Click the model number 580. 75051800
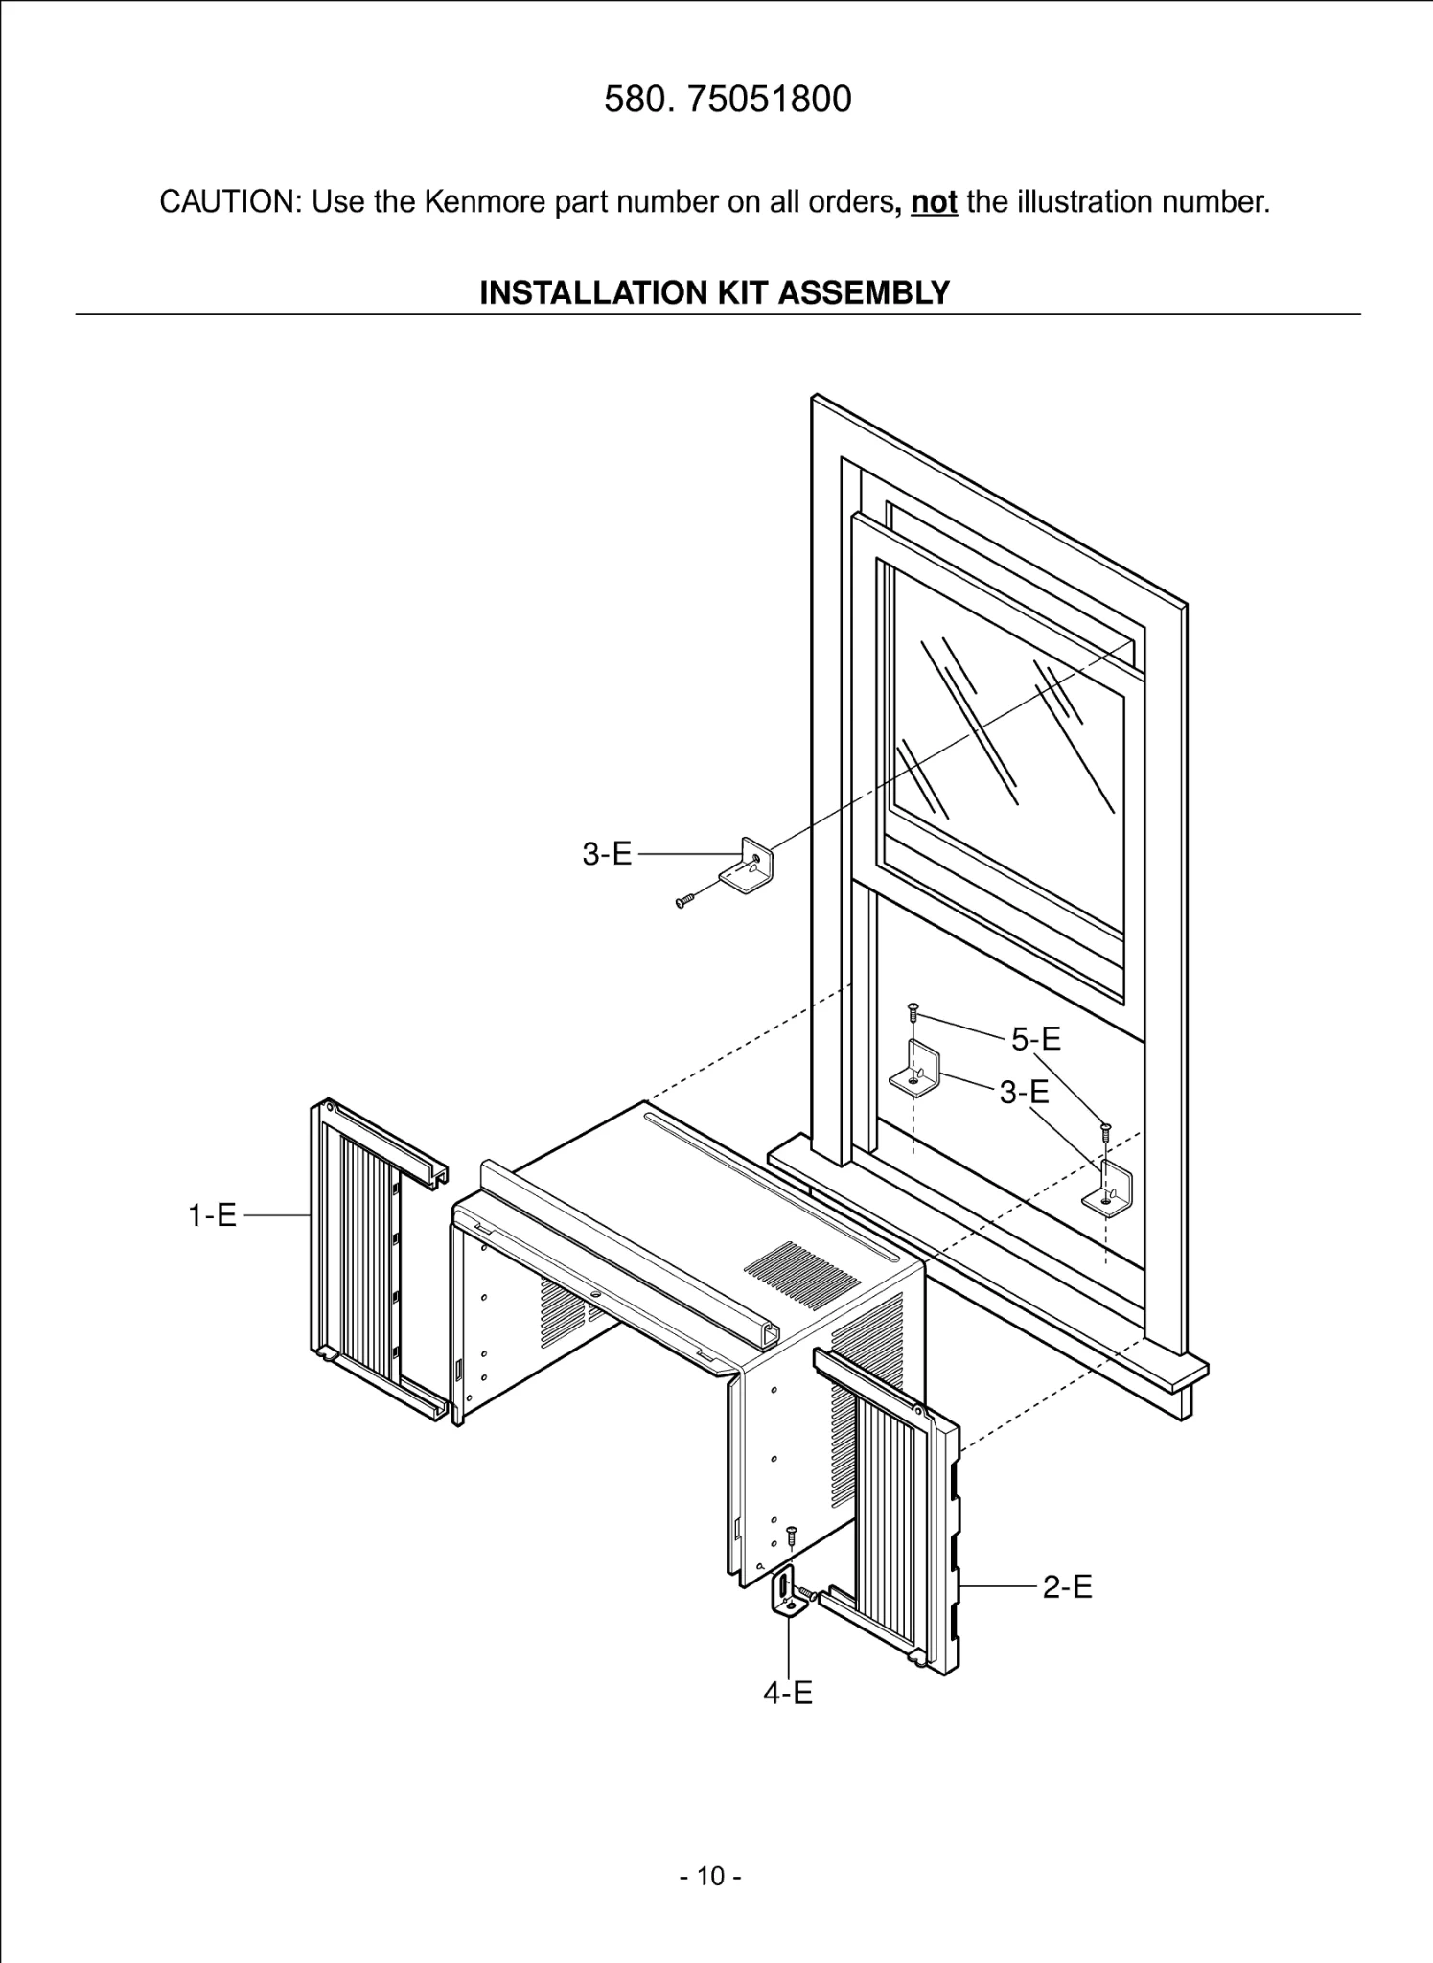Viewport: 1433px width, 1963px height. point(728,100)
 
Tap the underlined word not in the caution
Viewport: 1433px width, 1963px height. point(934,202)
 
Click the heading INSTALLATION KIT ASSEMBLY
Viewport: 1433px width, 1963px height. point(714,292)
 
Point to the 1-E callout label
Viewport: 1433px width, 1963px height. point(212,1216)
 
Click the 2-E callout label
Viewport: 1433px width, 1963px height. point(1067,1587)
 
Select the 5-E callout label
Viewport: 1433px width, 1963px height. point(1036,1038)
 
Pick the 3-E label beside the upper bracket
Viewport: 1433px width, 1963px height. point(608,854)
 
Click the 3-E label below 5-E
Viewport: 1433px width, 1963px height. point(1024,1092)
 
